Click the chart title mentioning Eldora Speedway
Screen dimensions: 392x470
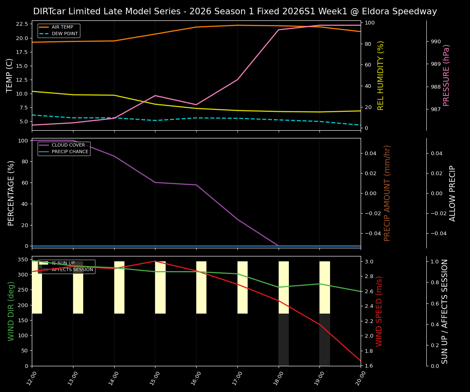click(235, 11)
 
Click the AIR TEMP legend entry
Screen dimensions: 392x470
click(62, 27)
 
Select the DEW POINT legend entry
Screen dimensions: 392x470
click(62, 34)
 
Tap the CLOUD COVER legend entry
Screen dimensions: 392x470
click(68, 145)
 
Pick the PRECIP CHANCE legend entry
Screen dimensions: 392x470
click(70, 151)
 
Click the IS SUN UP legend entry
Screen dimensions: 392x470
click(63, 263)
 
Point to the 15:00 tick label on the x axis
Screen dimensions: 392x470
click(155, 378)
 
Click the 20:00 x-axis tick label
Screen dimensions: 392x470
click(360, 378)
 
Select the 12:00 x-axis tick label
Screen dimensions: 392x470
click(31, 378)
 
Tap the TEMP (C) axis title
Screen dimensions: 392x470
click(10, 75)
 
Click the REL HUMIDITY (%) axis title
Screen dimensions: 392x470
click(381, 75)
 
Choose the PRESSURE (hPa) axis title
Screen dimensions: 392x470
click(446, 75)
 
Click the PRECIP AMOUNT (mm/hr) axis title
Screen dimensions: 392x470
click(387, 193)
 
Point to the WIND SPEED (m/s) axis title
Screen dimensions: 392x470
click(379, 311)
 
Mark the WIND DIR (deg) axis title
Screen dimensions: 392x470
click(11, 311)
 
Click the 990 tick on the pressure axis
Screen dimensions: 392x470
click(436, 41)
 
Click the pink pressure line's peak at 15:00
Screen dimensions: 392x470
click(155, 96)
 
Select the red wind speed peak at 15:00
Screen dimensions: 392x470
click(155, 261)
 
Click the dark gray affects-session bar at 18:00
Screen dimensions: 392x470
click(284, 340)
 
